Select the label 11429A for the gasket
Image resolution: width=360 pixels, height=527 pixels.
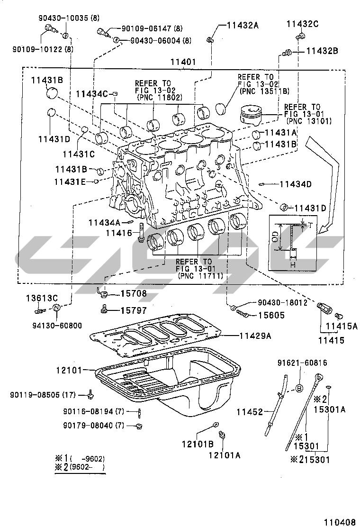coord(254,336)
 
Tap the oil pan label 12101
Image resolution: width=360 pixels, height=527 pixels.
coord(70,369)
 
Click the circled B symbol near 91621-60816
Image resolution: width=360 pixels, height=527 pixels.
coord(300,388)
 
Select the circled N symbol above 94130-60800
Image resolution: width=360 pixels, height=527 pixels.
coord(56,308)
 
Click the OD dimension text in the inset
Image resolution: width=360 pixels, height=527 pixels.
coord(275,237)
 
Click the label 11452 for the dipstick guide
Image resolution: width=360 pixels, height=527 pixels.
coord(250,412)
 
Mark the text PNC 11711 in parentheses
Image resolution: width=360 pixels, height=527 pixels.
coord(201,275)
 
